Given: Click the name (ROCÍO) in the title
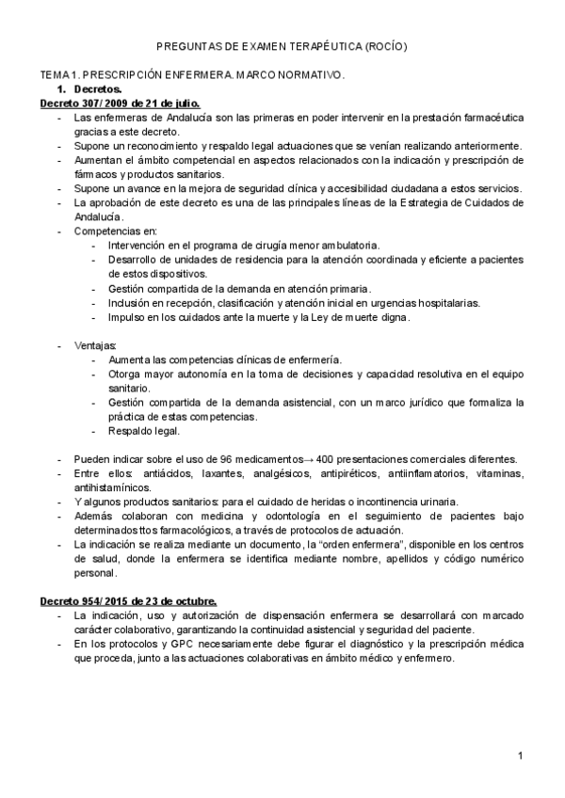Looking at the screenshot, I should click(x=386, y=46).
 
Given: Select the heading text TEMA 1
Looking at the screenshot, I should click(x=58, y=73).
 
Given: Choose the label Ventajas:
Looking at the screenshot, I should click(x=95, y=345).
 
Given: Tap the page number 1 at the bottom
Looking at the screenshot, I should click(x=520, y=756).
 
